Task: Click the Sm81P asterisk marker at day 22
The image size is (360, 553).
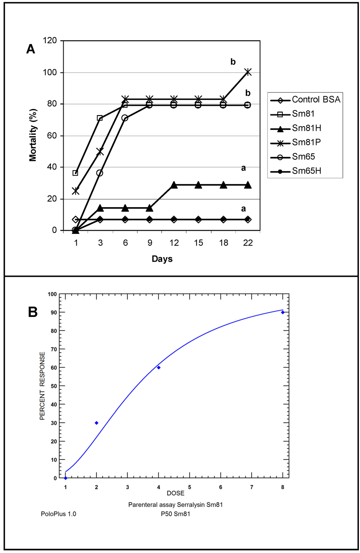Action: tap(248, 72)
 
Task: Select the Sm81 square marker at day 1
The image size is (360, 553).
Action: tap(75, 173)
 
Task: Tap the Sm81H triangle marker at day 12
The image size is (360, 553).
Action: tap(174, 185)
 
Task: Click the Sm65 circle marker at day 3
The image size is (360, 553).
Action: tap(100, 173)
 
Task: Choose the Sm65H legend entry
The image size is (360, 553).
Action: tap(306, 171)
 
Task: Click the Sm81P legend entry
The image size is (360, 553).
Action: tap(306, 142)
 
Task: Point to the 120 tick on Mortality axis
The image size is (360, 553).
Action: tap(50, 40)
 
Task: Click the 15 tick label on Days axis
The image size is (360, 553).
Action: tap(199, 243)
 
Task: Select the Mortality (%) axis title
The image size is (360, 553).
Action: tap(33, 135)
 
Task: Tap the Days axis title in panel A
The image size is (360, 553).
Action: tap(162, 259)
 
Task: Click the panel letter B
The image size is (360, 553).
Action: tap(33, 312)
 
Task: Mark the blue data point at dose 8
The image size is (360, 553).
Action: tap(283, 312)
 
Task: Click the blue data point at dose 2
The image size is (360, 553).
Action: tap(97, 423)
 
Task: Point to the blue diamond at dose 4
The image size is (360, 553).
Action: tap(159, 368)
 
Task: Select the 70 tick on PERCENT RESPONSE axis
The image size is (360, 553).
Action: tap(53, 349)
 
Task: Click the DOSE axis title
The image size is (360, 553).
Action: tap(175, 493)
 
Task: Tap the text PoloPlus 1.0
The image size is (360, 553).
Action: tap(58, 514)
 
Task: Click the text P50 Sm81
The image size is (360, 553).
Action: tap(175, 514)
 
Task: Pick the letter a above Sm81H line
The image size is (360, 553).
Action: tap(243, 168)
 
